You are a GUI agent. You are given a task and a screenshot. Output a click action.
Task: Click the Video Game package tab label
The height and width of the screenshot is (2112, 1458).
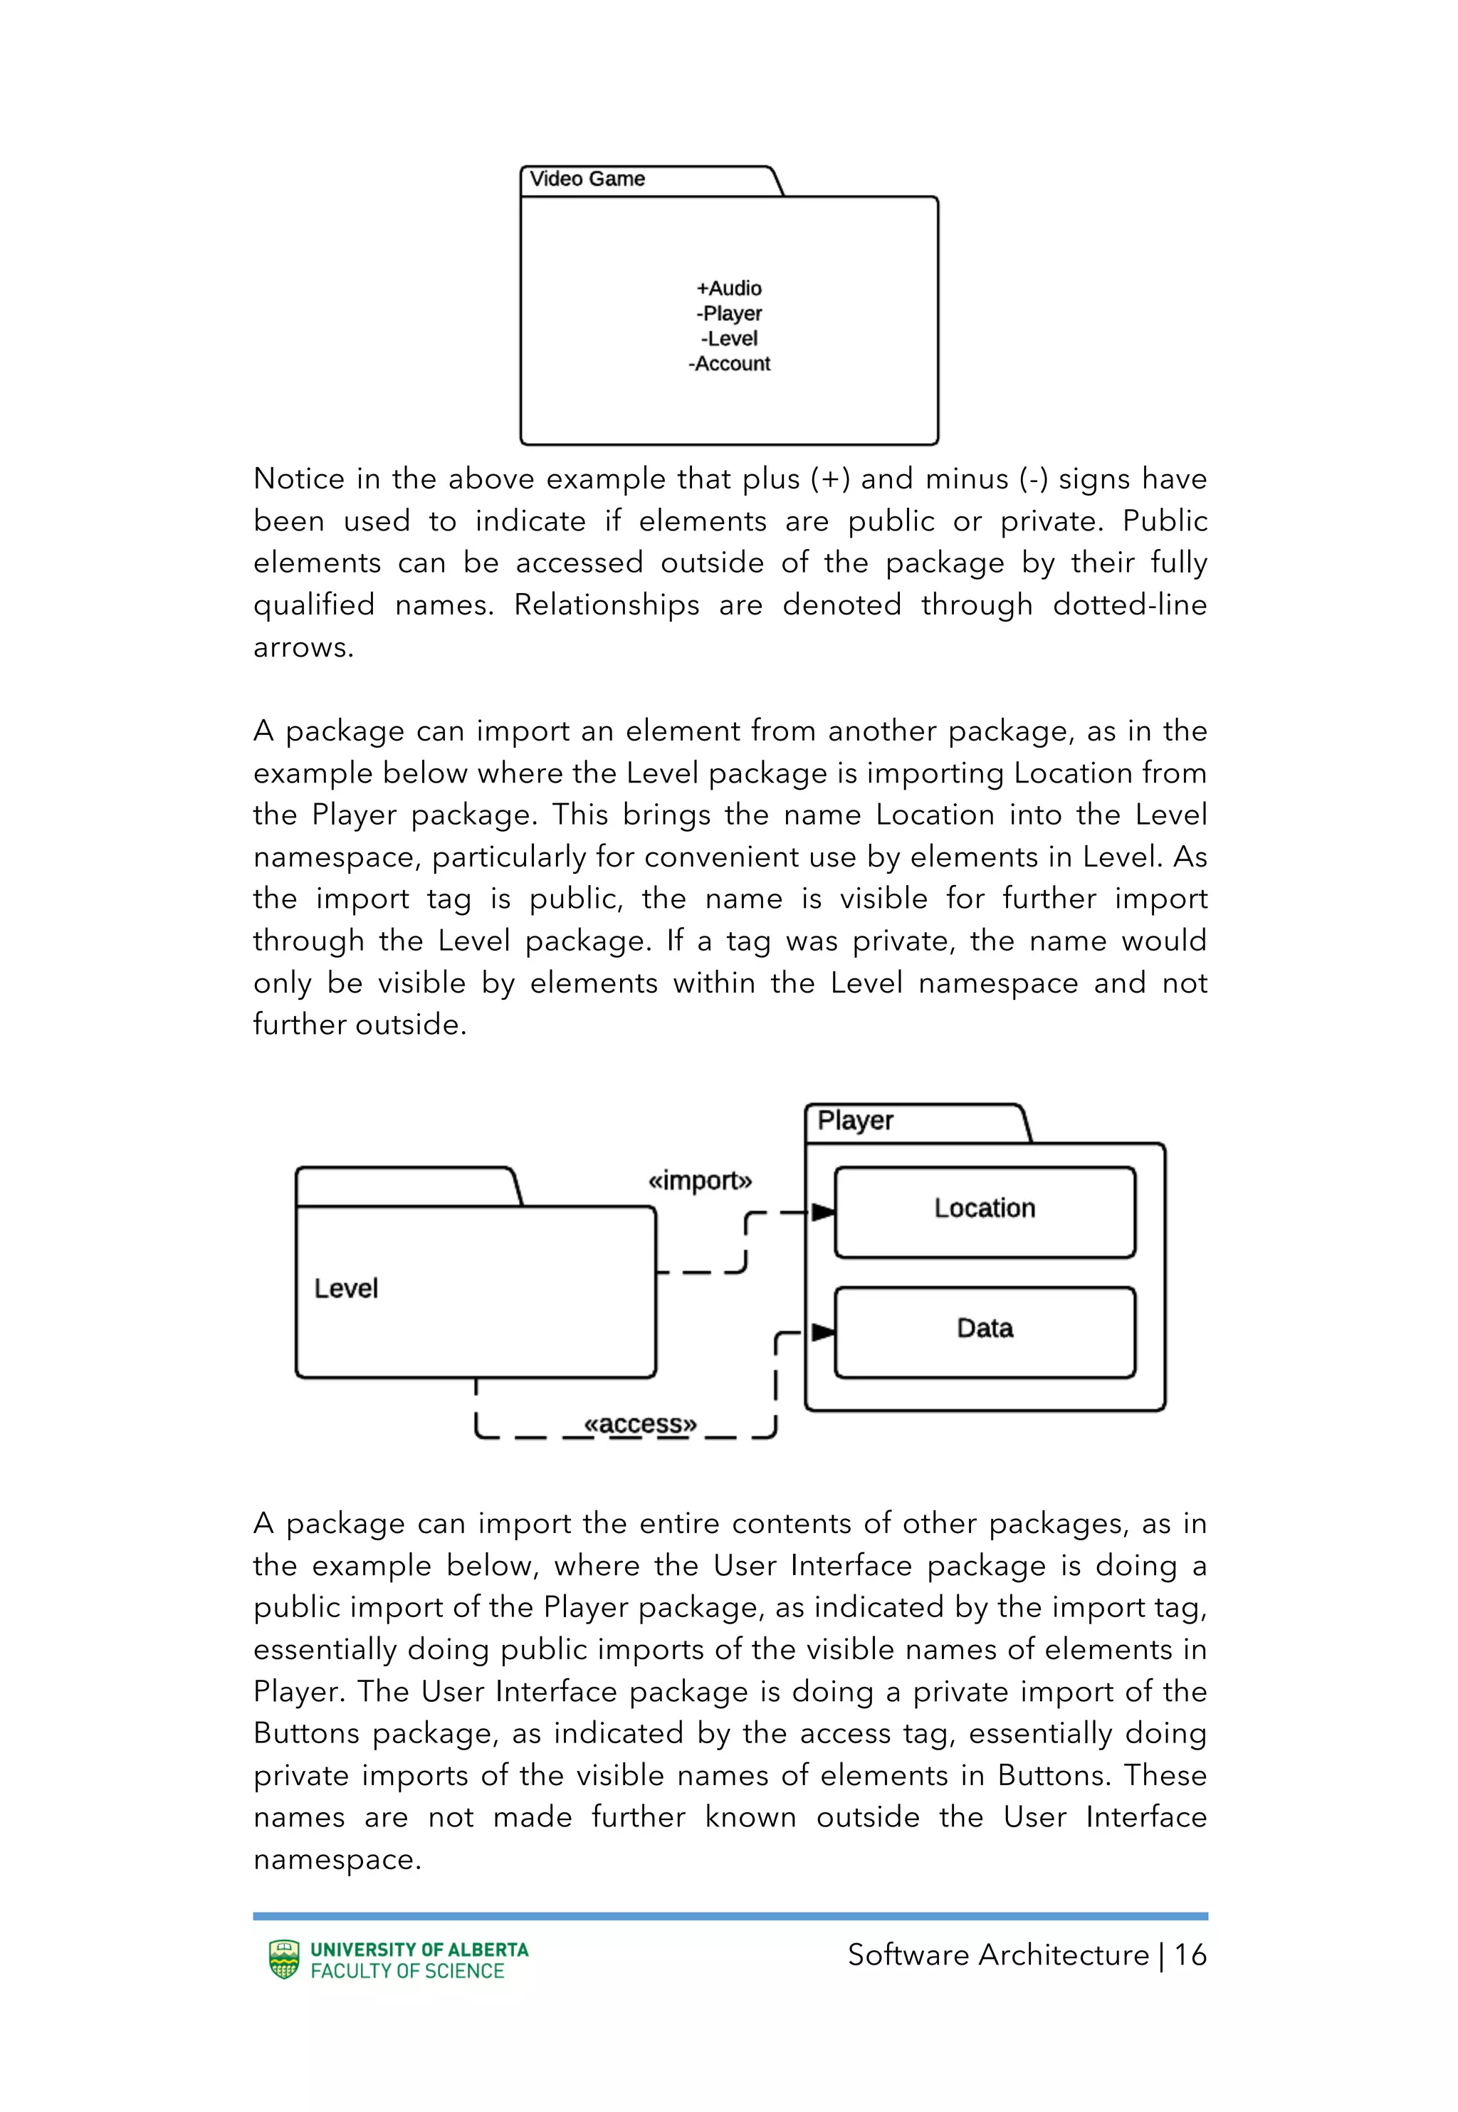point(587,179)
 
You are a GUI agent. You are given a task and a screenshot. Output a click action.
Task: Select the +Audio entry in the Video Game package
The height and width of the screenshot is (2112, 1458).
point(729,288)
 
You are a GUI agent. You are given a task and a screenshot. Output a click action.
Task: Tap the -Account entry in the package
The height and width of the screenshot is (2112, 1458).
point(729,364)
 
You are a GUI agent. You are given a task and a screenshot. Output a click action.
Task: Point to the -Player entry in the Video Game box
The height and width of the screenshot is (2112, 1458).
point(729,313)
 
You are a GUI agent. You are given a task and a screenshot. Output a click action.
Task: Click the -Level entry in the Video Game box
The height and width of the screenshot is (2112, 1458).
point(729,339)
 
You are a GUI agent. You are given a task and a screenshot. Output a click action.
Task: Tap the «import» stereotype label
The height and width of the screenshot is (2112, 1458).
point(700,1181)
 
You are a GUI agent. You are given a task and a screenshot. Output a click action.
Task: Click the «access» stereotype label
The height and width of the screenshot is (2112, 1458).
point(641,1424)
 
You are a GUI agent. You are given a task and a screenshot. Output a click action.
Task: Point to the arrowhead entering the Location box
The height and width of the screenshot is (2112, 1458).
point(823,1212)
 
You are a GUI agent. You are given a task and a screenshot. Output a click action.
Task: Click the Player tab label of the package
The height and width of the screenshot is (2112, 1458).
point(855,1121)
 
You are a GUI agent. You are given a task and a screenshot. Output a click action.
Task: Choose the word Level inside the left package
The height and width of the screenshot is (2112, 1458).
point(345,1289)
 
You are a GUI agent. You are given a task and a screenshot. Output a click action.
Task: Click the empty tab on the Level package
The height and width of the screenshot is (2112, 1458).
point(406,1186)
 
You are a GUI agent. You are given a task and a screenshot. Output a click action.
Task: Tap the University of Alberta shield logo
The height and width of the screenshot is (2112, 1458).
point(284,1960)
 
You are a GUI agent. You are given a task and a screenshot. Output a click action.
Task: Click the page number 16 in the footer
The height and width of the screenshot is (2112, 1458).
point(1190,1955)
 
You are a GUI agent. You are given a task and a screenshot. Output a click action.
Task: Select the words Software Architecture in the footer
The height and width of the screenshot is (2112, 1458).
point(997,1955)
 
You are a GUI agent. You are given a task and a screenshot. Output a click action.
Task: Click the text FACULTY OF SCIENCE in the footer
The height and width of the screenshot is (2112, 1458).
point(407,1971)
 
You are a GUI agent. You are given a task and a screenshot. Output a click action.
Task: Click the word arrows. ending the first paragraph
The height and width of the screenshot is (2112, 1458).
point(303,648)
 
